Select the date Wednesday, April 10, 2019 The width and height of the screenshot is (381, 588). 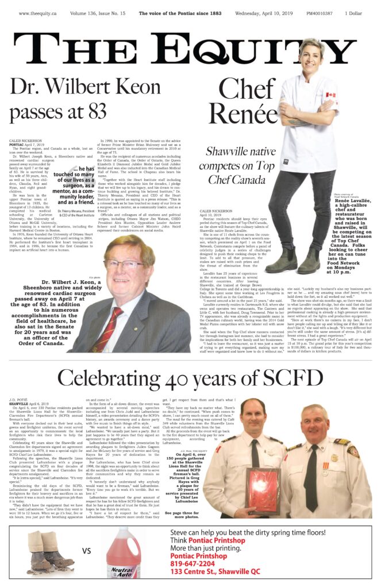[x=263, y=12]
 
